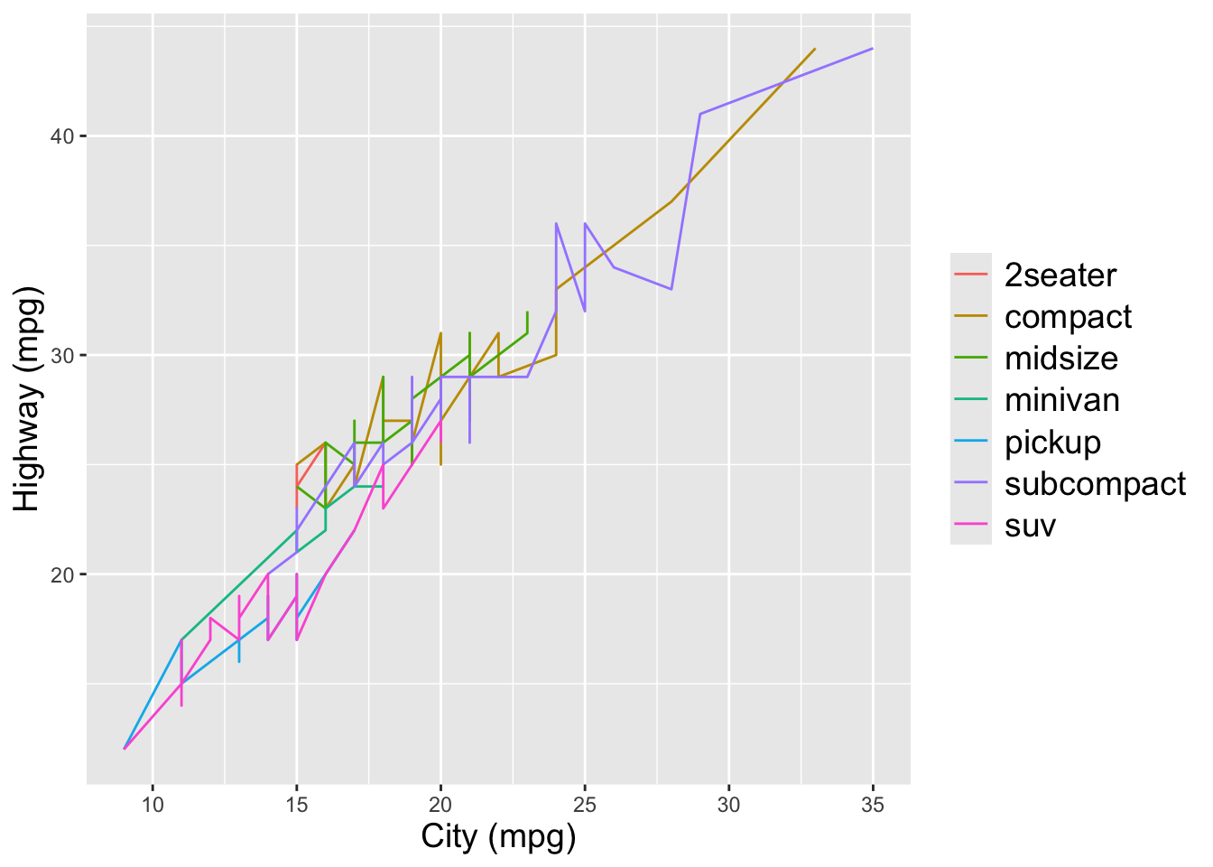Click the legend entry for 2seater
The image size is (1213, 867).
coord(1060,275)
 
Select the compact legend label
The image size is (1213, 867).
coord(1068,317)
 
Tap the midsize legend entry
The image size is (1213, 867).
coord(1060,359)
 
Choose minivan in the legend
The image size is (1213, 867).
coord(1061,400)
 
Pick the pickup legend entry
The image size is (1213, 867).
coord(1052,443)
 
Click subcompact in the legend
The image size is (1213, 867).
coord(1095,484)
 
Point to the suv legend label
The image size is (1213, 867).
coord(1030,526)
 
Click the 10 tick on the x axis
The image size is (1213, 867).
coord(153,805)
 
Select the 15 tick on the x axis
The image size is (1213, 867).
coord(296,805)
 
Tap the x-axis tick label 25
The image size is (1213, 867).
coord(585,805)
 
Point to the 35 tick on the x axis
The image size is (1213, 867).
coord(873,805)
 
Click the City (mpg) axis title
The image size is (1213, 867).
coord(498,837)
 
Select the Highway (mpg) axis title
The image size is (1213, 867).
coord(29,399)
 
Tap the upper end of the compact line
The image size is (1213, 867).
coord(815,49)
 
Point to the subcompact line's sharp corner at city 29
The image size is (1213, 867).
coord(700,114)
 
